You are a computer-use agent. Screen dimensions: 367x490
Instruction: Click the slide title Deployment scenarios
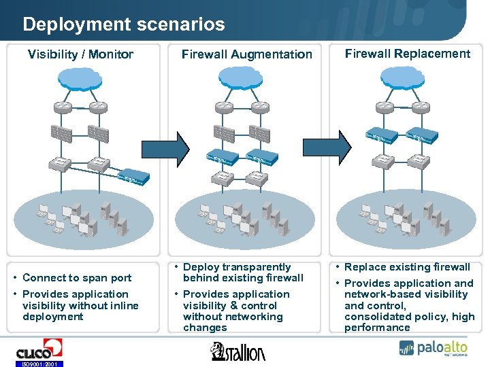[x=123, y=25]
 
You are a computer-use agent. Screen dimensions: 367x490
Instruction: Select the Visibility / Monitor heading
[x=80, y=54]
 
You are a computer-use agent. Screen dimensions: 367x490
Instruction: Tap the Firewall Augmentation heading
[x=246, y=54]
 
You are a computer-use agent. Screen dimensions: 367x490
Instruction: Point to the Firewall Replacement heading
[x=407, y=54]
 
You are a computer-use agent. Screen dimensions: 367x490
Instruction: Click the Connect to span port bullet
[x=77, y=277]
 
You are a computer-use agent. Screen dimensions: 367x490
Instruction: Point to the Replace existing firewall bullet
[x=407, y=267]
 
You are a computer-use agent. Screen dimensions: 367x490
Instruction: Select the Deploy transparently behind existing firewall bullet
[x=243, y=273]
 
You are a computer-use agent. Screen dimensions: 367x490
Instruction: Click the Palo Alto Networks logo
[x=433, y=348]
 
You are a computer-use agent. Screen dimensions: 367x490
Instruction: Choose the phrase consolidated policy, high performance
[x=409, y=322]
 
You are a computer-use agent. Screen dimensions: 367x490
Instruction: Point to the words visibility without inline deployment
[x=80, y=311]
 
